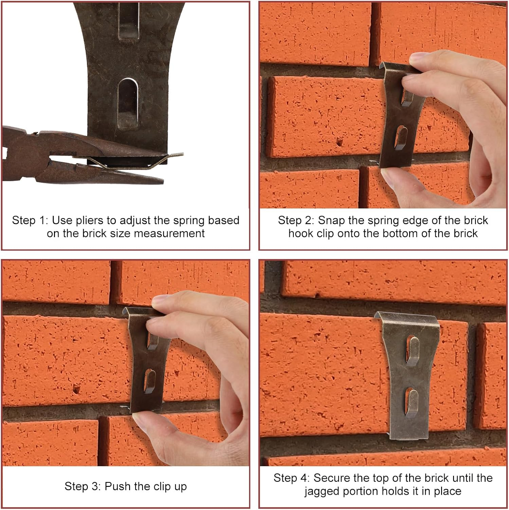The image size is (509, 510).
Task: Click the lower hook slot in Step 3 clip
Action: [x=150, y=381]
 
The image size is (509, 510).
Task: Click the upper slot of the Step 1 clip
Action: [x=129, y=20]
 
